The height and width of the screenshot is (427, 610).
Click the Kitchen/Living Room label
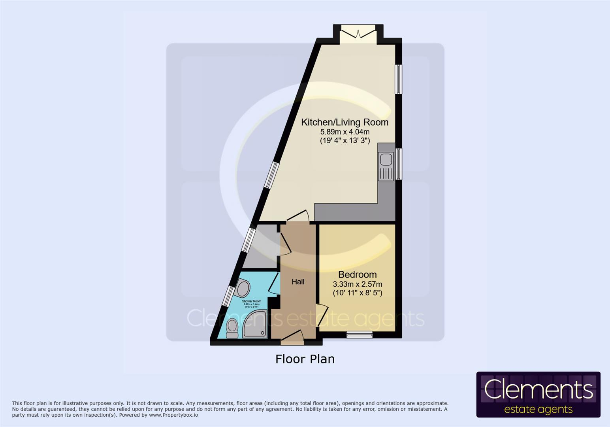[345, 122]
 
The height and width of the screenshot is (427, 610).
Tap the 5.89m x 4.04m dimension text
[345, 132]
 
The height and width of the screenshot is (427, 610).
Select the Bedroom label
[357, 274]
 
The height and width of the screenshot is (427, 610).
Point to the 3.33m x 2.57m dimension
[357, 284]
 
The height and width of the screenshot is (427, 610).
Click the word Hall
[298, 282]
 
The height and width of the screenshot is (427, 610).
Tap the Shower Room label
[252, 301]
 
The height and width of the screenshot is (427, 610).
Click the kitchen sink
[386, 160]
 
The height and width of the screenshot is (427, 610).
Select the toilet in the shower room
[232, 328]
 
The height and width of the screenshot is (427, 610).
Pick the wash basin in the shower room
[242, 287]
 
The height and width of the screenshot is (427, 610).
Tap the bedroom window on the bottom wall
[360, 334]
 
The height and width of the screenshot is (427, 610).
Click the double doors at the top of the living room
[358, 33]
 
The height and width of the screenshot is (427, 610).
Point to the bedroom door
[322, 315]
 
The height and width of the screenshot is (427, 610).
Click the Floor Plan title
[305, 359]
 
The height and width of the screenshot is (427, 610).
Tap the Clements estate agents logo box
[538, 394]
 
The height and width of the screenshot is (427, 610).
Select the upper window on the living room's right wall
[399, 79]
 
